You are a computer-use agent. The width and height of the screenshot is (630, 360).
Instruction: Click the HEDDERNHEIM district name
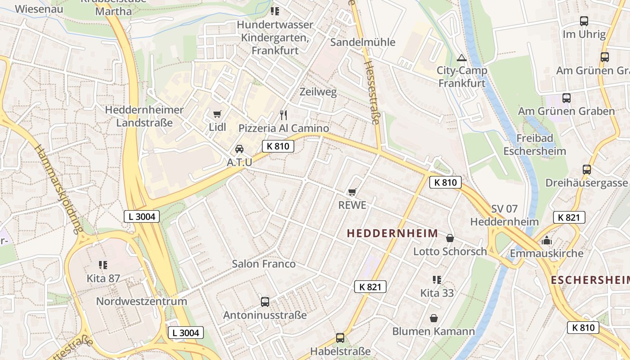392,233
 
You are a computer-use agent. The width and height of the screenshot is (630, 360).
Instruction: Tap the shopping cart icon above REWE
352,192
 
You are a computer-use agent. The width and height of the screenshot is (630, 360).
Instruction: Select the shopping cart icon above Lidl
217,114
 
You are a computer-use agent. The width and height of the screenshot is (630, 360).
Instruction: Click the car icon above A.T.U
239,149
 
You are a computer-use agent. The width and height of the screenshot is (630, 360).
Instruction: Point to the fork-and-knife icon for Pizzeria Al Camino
283,115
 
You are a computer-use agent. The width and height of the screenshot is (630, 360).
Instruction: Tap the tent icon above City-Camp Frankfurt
461,58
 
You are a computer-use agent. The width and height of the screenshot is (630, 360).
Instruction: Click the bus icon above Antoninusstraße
265,302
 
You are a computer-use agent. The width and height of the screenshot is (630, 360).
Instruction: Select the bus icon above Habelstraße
340,338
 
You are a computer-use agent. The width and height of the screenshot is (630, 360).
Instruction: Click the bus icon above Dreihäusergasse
586,170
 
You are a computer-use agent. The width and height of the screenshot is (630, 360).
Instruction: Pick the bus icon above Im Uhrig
584,21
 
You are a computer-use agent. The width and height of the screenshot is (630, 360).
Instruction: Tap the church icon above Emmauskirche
547,240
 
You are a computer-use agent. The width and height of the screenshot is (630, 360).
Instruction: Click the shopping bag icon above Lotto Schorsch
450,238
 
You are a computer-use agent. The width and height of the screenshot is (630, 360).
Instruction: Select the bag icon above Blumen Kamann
434,318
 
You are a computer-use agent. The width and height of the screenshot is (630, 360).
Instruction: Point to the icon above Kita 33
436,280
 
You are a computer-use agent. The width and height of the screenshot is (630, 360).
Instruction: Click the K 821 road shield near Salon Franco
370,287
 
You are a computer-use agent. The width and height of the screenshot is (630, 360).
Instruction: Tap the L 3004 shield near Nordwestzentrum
186,333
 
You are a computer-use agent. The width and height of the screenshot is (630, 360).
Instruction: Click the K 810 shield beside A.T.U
278,146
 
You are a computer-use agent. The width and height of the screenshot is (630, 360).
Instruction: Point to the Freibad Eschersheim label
535,144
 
